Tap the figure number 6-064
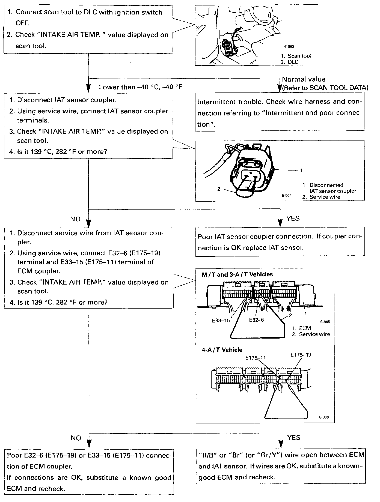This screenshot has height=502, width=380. pyautogui.click(x=287, y=195)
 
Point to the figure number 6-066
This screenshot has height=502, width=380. pyautogui.click(x=324, y=417)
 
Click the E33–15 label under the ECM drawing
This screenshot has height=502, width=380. pyautogui.click(x=221, y=321)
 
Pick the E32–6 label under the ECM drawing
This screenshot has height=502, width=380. pyautogui.click(x=256, y=320)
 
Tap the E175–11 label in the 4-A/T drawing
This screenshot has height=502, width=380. pyautogui.click(x=256, y=358)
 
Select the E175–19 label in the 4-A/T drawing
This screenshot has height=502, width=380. pyautogui.click(x=301, y=355)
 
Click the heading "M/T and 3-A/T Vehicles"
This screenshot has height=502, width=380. pyautogui.click(x=237, y=274)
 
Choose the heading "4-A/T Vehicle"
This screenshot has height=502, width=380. pyautogui.click(x=222, y=350)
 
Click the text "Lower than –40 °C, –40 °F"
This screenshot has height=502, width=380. pyautogui.click(x=141, y=87)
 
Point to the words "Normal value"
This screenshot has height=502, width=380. pyautogui.click(x=304, y=79)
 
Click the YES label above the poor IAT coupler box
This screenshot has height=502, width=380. pyautogui.click(x=293, y=218)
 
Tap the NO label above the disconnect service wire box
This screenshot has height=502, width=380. pyautogui.click(x=75, y=219)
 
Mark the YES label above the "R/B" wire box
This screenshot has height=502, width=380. pyautogui.click(x=294, y=438)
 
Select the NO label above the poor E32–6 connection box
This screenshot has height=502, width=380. pyautogui.click(x=76, y=438)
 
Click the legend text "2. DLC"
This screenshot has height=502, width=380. pyautogui.click(x=290, y=62)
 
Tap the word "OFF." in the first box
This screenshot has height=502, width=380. pyautogui.click(x=22, y=23)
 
